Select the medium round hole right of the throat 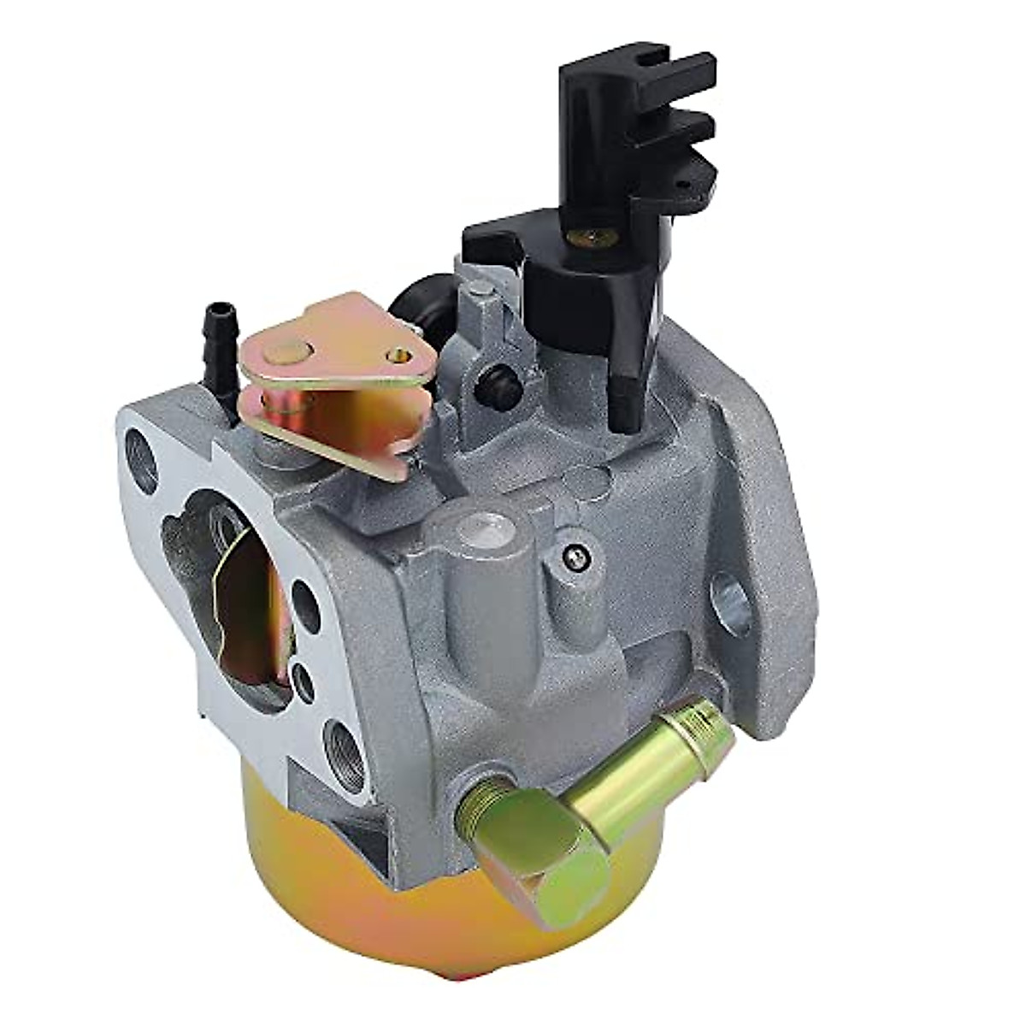point(304,598)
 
